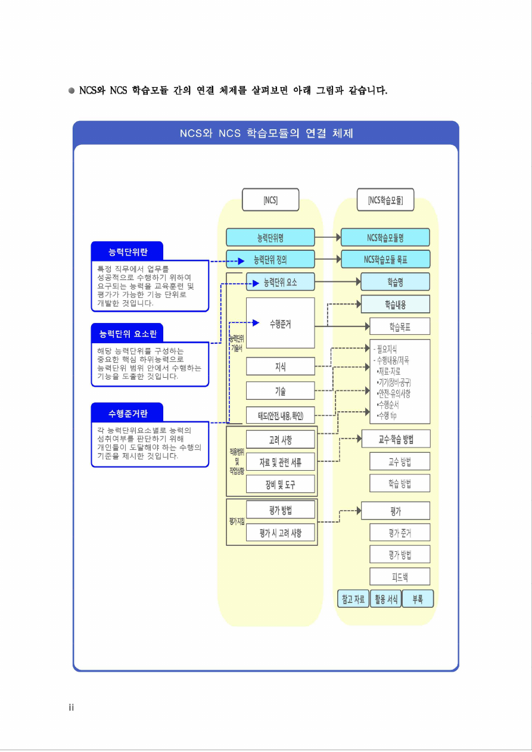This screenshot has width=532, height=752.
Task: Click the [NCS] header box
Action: [x=270, y=200]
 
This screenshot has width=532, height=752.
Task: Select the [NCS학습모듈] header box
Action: [x=385, y=200]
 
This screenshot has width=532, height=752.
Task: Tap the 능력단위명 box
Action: [x=270, y=237]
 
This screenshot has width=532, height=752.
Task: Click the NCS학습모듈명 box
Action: [x=385, y=237]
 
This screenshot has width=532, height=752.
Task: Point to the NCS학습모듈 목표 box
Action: [x=385, y=259]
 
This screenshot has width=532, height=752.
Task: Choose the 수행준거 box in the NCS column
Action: [x=280, y=324]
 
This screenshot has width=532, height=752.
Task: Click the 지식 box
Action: [x=280, y=366]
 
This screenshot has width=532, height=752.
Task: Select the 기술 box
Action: [x=280, y=391]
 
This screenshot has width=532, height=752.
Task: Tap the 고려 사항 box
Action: [x=280, y=440]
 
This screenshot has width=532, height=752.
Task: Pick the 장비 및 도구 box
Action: [x=280, y=484]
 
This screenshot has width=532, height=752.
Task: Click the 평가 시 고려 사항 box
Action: [x=280, y=533]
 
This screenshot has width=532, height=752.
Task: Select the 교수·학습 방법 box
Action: [x=396, y=440]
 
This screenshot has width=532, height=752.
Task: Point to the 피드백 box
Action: [x=400, y=576]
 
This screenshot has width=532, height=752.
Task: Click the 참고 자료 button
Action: [x=353, y=599]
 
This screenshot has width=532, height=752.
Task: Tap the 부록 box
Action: [x=418, y=599]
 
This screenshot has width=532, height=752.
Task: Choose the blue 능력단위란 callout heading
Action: [x=127, y=251]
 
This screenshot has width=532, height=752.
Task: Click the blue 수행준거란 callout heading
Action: [x=127, y=412]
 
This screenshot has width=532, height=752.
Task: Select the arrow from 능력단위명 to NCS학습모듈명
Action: [x=328, y=237]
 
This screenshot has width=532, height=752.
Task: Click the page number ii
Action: [x=71, y=707]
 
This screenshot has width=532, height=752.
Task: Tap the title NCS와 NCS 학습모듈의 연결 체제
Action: [x=266, y=133]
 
